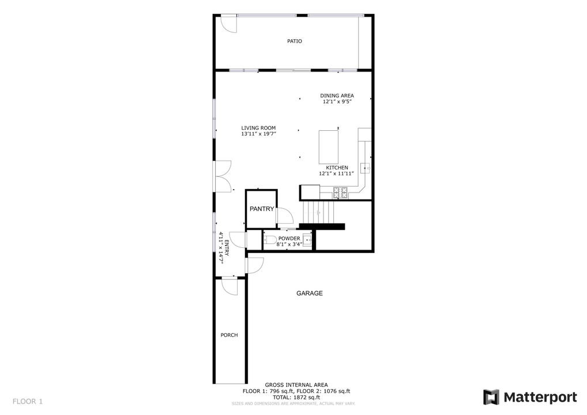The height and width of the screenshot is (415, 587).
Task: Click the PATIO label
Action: [294, 41]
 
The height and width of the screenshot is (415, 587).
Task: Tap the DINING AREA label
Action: [337, 96]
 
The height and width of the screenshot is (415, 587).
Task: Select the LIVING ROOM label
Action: [258, 128]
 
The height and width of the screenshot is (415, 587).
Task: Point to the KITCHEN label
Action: [337, 168]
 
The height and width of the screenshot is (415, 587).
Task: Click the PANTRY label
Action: [262, 209]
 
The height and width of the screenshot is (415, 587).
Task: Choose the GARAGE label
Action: [310, 293]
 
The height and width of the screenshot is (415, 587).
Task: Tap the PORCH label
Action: [229, 335]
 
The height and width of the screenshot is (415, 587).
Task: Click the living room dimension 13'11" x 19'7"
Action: [258, 134]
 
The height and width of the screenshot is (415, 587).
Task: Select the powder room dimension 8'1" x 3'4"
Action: [289, 244]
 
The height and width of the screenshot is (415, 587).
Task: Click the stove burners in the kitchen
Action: [340, 193]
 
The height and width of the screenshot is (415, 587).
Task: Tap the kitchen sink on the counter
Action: [366, 168]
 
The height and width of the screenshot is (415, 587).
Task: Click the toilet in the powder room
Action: [269, 240]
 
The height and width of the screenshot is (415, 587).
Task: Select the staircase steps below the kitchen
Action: [318, 212]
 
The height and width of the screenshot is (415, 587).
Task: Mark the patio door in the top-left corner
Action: [228, 24]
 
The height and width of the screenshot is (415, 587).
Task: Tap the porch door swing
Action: [229, 286]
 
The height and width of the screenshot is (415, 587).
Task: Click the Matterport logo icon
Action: [491, 397]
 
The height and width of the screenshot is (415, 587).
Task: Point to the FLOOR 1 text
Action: [28, 402]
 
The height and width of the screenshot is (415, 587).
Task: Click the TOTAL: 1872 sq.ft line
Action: [296, 397]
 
